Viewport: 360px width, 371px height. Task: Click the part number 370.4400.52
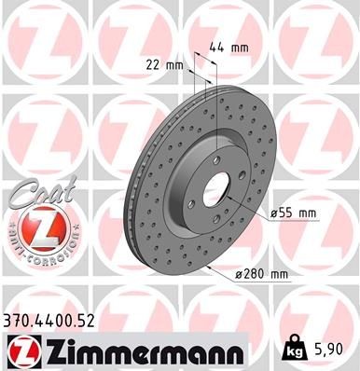[50, 320]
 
